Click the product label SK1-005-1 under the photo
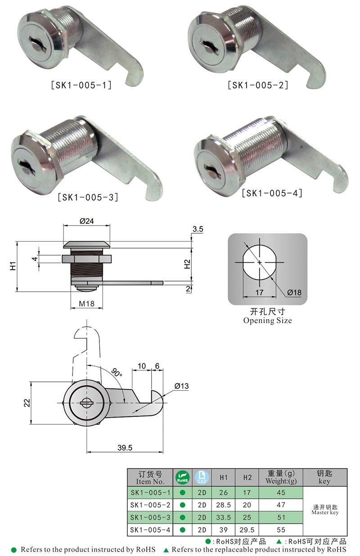[x=81, y=85]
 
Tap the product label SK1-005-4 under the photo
[x=272, y=193]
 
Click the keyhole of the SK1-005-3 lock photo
[x=25, y=167]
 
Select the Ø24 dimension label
[x=86, y=221]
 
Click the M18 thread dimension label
[x=86, y=303]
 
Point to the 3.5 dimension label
[x=198, y=229]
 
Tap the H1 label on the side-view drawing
[x=13, y=266]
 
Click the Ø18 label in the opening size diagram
[x=294, y=293]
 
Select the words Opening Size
[x=267, y=321]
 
